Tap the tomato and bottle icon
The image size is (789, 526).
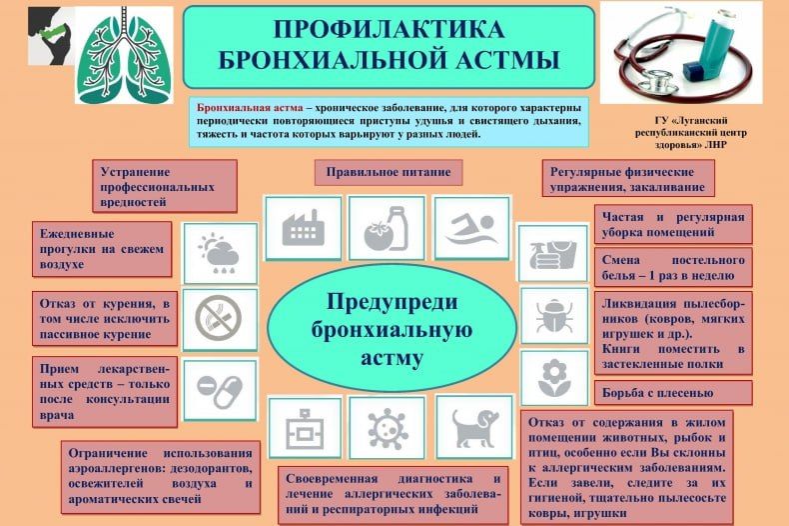tap(386, 228)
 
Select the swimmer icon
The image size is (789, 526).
tap(471, 228)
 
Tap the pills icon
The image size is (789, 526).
tap(220, 385)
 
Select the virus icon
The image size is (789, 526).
tap(386, 428)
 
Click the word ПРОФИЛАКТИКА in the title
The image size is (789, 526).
tap(389, 30)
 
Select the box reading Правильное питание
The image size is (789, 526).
tap(389, 172)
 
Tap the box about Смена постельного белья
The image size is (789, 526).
tap(673, 266)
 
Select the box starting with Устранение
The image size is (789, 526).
tap(164, 186)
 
